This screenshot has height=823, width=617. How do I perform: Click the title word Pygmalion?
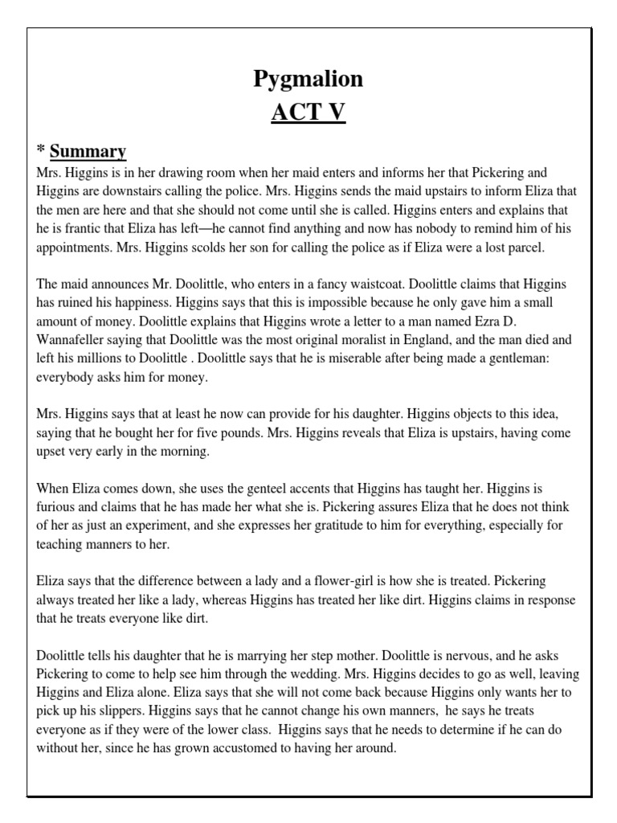point(308,79)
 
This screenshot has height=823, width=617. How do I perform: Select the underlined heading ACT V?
point(308,113)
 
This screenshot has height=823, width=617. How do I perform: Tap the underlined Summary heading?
point(88,151)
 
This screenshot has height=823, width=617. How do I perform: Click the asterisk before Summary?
point(41,151)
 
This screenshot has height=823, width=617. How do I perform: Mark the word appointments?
point(76,248)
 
